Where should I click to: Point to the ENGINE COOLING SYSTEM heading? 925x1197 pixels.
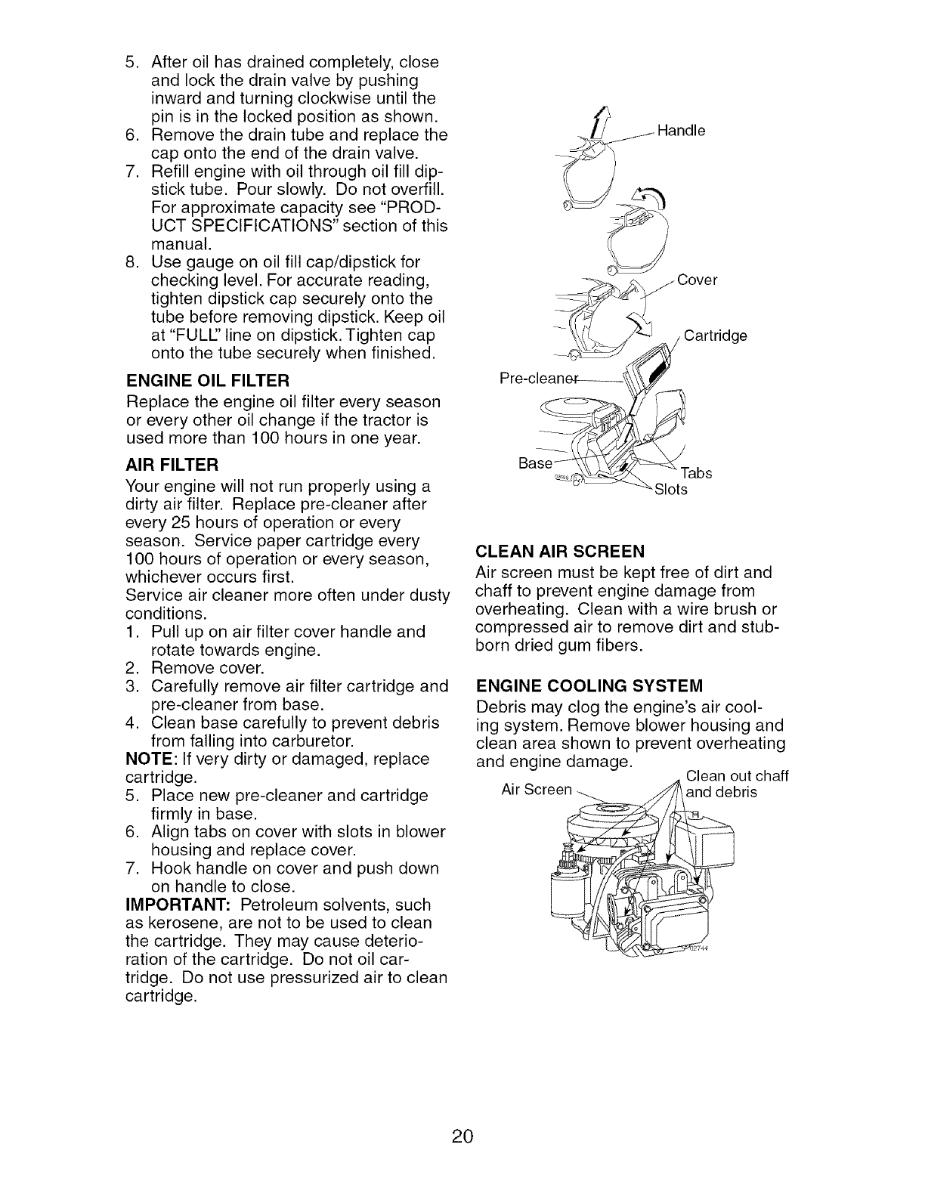pos(589,685)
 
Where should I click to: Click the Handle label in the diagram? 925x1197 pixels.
pos(681,131)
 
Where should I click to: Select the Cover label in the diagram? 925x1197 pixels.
pos(697,280)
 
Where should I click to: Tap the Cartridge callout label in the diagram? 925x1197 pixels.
pos(715,336)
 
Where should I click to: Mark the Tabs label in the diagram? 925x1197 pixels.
pos(697,474)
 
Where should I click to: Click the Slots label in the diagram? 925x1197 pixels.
pos(671,490)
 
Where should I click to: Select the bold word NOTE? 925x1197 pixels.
pos(146,758)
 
